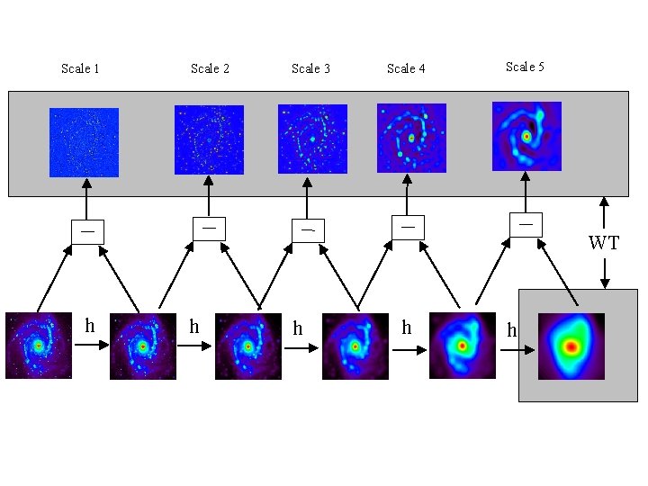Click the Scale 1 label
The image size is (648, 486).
80,68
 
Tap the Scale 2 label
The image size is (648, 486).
210,68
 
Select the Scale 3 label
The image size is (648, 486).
310,68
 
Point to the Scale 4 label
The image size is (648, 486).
406,68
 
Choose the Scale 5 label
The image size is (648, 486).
525,67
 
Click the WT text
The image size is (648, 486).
604,243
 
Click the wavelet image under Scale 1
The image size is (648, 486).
84,142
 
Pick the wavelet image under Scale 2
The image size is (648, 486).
209,139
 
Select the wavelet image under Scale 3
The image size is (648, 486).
312,139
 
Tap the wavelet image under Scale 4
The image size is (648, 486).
411,138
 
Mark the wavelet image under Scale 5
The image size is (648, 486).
526,136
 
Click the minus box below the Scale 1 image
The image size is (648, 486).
87,231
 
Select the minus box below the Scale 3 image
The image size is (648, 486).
307,230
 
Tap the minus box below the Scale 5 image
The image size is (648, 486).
526,223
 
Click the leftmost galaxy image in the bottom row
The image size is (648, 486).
39,345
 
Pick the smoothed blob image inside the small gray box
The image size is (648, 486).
571,346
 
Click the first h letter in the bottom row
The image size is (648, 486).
89,325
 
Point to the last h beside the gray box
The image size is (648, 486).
511,330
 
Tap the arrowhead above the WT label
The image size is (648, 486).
604,202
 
